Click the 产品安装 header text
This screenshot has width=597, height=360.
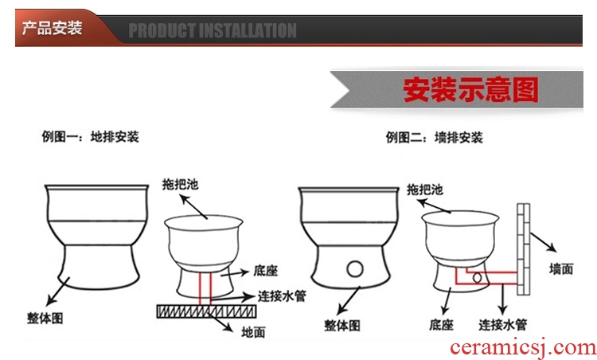(53, 28)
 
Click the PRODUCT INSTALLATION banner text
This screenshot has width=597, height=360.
(213, 30)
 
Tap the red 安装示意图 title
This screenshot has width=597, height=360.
(470, 90)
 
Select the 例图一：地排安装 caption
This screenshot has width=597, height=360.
(90, 137)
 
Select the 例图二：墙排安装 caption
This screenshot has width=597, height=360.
(434, 138)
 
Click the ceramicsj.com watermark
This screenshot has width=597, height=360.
(523, 347)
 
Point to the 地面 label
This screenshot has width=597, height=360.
(253, 332)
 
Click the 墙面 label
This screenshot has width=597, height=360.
(561, 269)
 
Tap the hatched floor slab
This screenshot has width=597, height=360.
(206, 311)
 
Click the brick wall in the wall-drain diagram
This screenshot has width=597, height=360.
(524, 249)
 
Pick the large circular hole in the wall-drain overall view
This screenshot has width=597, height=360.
(355, 269)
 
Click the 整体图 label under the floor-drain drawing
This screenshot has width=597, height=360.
(45, 318)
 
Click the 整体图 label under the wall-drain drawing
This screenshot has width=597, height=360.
(342, 326)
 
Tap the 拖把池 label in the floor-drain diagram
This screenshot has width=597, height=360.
(180, 185)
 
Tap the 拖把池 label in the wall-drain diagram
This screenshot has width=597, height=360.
(424, 190)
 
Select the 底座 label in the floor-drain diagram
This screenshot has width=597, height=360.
(265, 271)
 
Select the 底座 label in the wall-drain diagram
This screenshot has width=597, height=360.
(441, 325)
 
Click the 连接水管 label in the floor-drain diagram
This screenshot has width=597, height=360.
(282, 296)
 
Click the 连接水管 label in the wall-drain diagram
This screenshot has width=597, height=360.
(502, 325)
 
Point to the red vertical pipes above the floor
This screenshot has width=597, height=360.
(205, 288)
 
